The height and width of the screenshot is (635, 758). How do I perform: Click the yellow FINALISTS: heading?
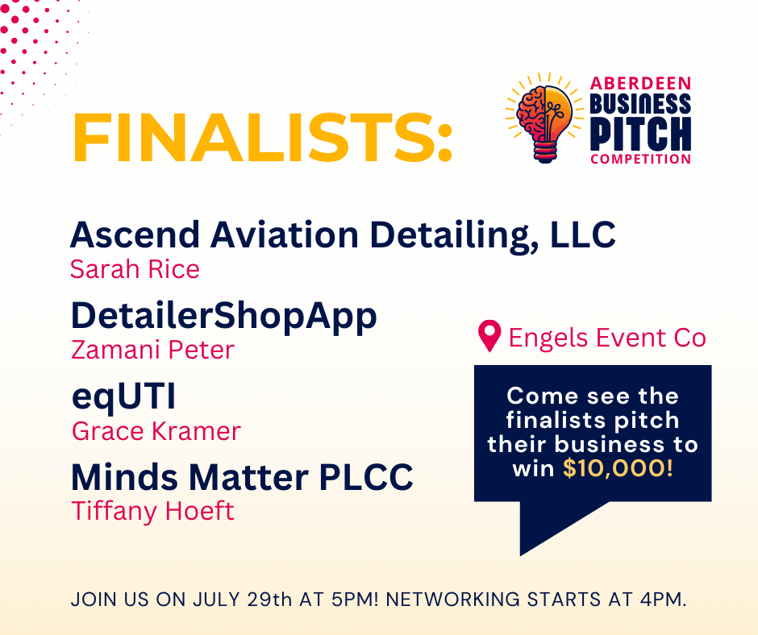(x=263, y=139)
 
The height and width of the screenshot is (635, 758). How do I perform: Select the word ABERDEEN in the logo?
(x=641, y=84)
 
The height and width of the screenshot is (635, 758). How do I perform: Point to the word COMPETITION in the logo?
(x=640, y=159)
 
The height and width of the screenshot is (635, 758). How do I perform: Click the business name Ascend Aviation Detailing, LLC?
(x=343, y=234)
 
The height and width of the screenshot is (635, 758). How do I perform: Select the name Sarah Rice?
(x=135, y=269)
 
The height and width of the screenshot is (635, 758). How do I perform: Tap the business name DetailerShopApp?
(x=223, y=316)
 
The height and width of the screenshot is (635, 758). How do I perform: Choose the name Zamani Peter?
(x=152, y=351)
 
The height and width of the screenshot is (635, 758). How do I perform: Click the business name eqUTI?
(x=123, y=397)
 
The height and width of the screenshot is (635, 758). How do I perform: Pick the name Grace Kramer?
(x=156, y=431)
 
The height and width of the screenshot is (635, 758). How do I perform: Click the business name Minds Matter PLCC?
(x=242, y=477)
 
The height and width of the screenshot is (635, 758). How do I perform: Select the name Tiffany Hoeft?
(x=152, y=511)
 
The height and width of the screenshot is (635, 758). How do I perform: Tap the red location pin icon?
(x=489, y=337)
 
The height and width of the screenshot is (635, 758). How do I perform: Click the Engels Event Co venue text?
(x=606, y=338)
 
